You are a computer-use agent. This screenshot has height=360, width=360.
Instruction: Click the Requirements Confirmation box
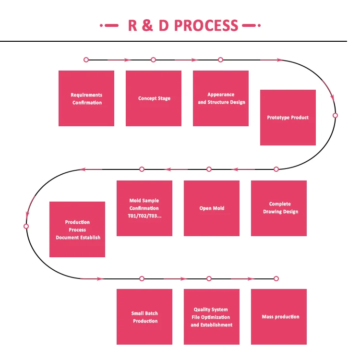tap(86, 98)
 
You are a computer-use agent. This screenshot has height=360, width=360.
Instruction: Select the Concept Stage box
tap(154, 98)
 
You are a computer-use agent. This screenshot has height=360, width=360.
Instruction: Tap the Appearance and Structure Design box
tap(221, 98)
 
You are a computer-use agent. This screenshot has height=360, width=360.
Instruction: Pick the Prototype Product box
tap(288, 118)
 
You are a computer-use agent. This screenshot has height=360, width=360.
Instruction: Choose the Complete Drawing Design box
tap(279, 208)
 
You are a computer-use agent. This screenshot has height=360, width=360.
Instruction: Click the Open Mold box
tap(212, 208)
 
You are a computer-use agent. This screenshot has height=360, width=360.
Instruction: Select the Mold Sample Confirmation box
tap(144, 208)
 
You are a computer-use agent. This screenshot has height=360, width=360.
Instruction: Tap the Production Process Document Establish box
tap(77, 229)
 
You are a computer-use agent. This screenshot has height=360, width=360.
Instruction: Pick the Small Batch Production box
tap(144, 317)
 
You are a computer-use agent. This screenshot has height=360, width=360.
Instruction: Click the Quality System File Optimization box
tap(212, 317)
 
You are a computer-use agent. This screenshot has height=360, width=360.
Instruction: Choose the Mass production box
tap(279, 317)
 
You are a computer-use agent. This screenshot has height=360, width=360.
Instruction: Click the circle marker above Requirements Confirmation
tap(86, 60)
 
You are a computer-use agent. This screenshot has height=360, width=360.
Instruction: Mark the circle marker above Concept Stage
tap(154, 60)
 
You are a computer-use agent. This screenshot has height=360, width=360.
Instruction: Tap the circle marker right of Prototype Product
tap(335, 116)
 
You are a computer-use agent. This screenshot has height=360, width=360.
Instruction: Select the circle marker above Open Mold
tap(209, 169)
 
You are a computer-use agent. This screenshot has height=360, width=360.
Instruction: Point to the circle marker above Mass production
tap(276, 278)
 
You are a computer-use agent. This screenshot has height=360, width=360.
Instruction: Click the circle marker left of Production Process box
tap(26, 226)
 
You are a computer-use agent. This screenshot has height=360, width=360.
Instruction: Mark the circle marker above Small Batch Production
tap(142, 278)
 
